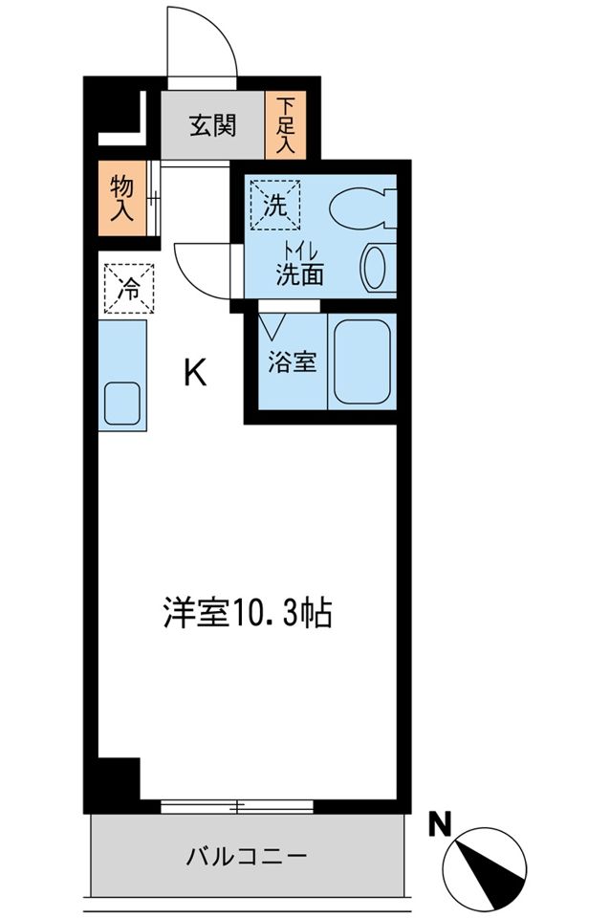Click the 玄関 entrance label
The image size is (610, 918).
coord(211,125)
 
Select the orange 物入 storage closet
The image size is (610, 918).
coord(121,198)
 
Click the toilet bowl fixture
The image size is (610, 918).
coord(361,207)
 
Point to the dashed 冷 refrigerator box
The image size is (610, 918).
coord(127,287)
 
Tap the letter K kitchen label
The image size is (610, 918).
coord(194,373)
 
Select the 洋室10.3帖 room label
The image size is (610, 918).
coord(246,612)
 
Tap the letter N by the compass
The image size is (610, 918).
coord(440,824)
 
